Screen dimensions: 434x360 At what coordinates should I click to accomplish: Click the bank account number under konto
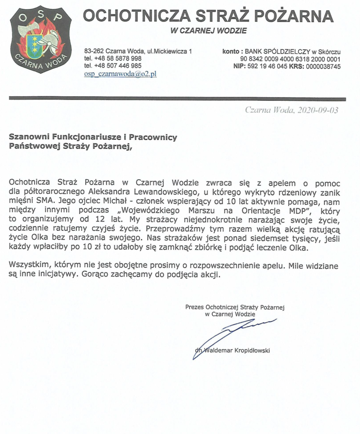tap(290, 59)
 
